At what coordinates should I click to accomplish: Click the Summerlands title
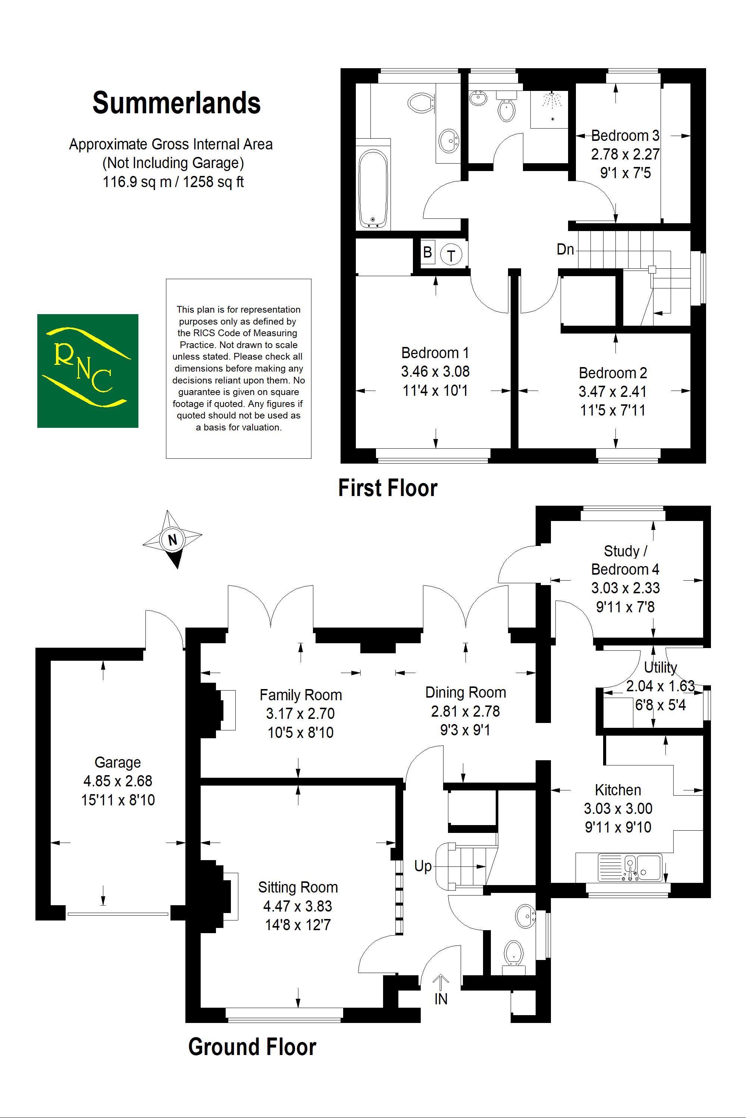176,103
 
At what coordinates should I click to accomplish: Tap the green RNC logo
88,371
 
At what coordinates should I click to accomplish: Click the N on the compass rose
173,540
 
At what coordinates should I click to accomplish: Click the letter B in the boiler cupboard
427,252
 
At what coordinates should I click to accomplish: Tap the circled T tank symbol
451,256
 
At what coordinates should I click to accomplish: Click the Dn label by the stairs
565,250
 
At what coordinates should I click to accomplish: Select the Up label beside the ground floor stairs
423,866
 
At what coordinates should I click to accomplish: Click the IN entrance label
441,999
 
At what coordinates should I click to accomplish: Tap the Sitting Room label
298,887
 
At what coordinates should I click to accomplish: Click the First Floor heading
388,488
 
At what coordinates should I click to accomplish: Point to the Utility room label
660,667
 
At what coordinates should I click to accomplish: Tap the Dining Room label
465,692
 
